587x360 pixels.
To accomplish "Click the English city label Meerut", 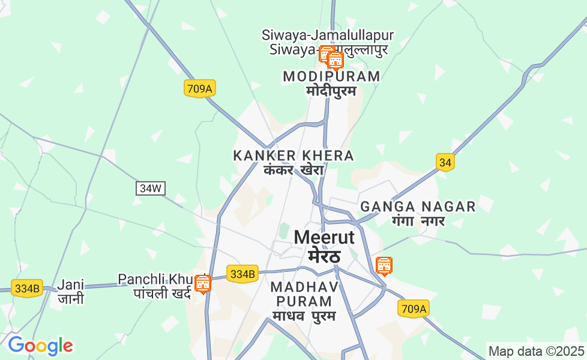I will point(324,238).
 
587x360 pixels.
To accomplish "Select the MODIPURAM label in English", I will point(331,77).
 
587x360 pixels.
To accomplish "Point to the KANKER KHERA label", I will point(293,156).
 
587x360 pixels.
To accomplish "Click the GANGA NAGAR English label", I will point(418,207).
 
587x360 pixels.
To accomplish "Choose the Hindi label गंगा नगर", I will point(418,221).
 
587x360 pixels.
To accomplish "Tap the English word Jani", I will point(71,284).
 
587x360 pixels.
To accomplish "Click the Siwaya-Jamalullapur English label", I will point(328,35).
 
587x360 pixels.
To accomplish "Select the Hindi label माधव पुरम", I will point(304,316).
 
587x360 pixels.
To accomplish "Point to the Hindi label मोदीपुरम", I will point(331,91).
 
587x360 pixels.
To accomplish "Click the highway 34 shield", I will point(445,162).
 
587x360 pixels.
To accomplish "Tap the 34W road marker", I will point(150,188).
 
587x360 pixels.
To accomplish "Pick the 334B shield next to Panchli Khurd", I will point(242,274).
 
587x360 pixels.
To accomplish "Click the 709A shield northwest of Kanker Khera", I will point(200,89).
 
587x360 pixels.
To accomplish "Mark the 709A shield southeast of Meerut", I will point(414,308).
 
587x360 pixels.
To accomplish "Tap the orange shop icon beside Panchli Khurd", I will point(203,283).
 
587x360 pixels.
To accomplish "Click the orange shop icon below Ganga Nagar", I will point(384,265).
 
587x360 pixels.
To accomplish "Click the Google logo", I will point(40,346).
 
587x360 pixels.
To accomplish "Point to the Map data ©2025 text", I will point(536,351).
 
